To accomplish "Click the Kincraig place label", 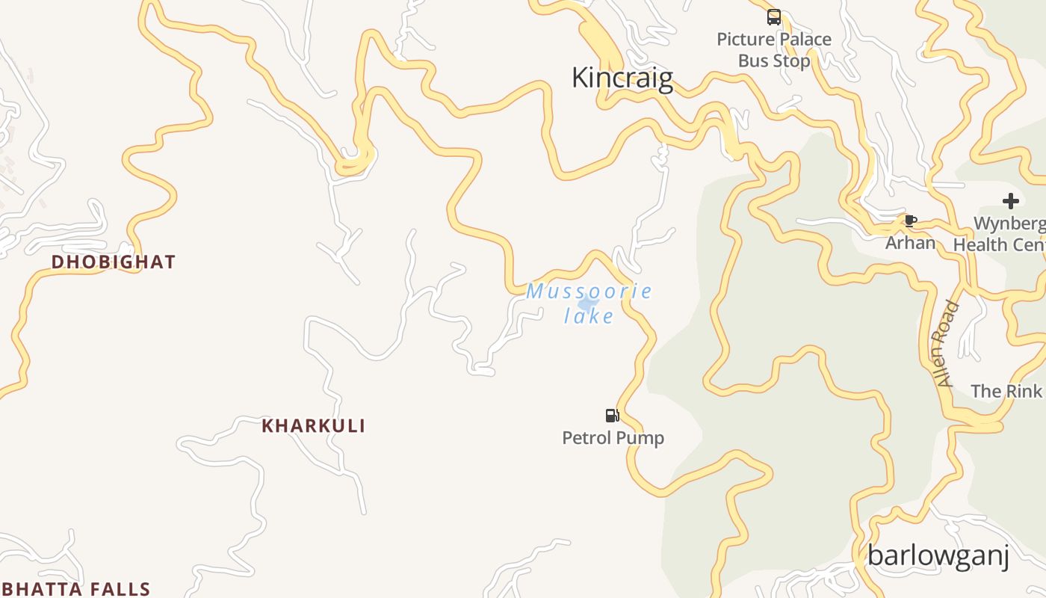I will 622,78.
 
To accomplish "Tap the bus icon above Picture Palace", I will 774,16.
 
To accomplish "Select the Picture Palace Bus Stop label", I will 774,49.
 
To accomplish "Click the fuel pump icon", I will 613,416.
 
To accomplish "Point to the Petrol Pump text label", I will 613,437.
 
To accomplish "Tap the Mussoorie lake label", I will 589,303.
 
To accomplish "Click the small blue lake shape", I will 588,303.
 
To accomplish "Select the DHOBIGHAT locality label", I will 114,262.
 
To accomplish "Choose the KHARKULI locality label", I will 314,426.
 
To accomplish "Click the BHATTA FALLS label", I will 75,590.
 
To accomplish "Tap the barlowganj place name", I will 938,555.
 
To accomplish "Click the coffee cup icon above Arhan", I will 910,221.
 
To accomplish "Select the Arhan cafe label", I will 910,243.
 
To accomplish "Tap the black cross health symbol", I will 1010,200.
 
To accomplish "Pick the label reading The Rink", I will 1006,391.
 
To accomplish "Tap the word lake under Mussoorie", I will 589,316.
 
